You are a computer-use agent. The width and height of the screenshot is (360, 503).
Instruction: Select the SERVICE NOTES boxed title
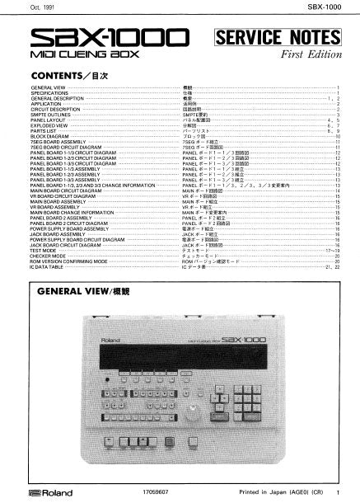[x=276, y=37]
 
